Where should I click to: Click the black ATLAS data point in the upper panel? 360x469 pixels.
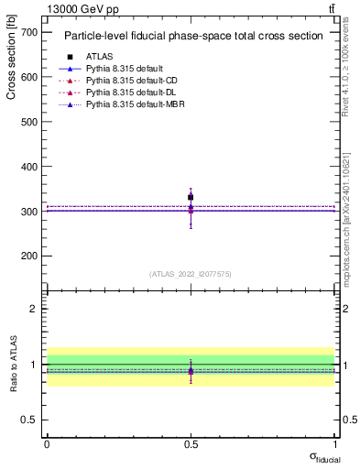point(191,197)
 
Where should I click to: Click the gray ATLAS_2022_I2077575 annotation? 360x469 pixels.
point(191,274)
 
